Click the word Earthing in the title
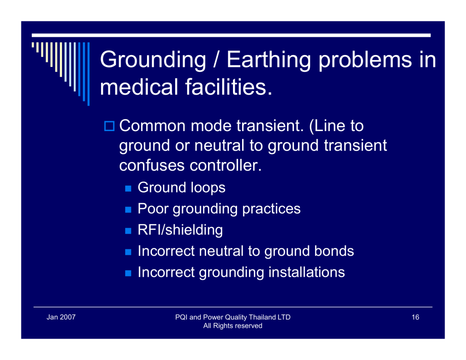click(268, 60)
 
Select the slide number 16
click(415, 317)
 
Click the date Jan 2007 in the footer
click(61, 317)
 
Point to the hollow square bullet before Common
click(109, 126)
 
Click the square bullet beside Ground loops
click(128, 188)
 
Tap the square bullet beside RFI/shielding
click(128, 231)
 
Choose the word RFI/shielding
click(180, 230)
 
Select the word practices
click(271, 209)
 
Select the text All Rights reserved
click(233, 326)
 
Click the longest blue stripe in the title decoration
click(89, 74)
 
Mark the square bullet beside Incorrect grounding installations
click(128, 273)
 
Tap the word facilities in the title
click(228, 87)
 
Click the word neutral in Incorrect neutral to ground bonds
click(221, 251)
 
